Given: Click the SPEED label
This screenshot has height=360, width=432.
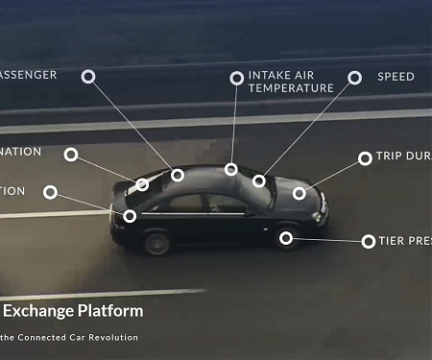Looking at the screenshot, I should click(x=396, y=77).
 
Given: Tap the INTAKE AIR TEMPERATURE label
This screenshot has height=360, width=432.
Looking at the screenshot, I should click(x=291, y=82).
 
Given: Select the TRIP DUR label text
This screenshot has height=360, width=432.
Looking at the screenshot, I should click(x=403, y=156).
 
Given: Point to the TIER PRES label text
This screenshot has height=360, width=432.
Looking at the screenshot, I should click(x=404, y=241).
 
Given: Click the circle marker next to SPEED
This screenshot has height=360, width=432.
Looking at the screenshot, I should click(x=354, y=78).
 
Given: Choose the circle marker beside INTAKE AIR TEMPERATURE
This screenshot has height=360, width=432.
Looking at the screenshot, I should click(x=236, y=78).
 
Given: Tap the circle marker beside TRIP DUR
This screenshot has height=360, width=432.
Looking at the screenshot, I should click(x=365, y=157).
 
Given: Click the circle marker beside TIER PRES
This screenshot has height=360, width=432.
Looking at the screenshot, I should click(x=369, y=241).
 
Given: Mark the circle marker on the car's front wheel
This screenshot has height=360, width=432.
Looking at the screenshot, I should click(x=286, y=237).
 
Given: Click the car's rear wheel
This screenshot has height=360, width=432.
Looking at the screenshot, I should click(x=156, y=241).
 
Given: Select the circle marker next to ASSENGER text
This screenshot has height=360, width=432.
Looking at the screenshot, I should click(x=88, y=76).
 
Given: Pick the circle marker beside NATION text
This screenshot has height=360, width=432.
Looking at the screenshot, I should click(x=71, y=154).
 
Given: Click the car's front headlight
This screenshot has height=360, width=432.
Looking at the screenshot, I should click(x=322, y=204).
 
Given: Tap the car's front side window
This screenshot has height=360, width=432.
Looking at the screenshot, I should click(x=226, y=203).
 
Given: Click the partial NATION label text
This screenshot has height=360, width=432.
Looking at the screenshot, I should click(x=20, y=152).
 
